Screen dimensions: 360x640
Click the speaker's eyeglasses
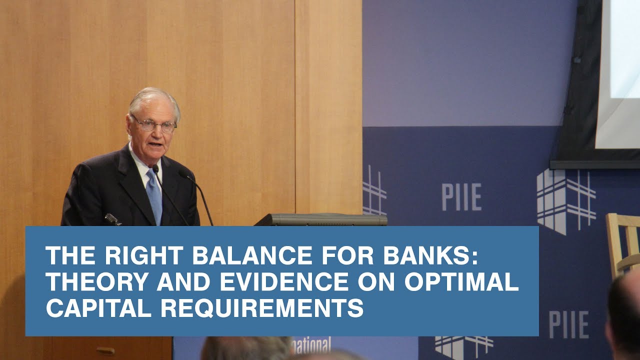click(x=153, y=123)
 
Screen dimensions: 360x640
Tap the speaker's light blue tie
click(x=154, y=194)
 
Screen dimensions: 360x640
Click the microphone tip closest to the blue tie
click(x=155, y=169)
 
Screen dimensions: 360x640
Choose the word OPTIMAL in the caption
click(x=461, y=283)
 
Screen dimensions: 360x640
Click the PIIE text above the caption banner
click(x=461, y=196)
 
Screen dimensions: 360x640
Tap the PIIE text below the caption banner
click(x=568, y=324)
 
